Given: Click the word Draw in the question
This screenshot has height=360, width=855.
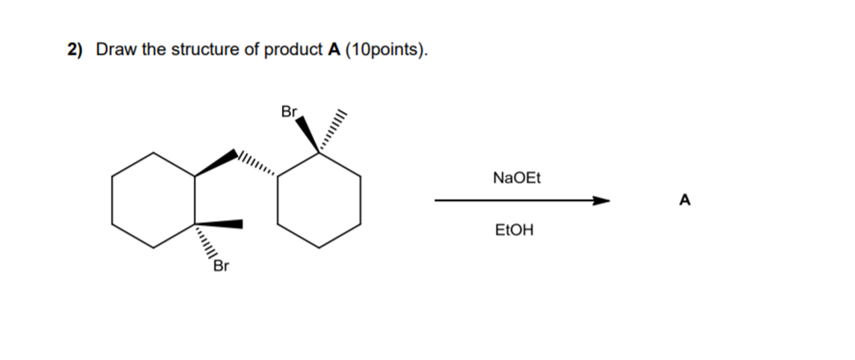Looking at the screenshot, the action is click(x=112, y=50).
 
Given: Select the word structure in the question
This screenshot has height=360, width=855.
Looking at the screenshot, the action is click(x=202, y=50).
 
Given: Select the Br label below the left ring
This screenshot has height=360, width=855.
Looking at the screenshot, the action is click(x=221, y=265).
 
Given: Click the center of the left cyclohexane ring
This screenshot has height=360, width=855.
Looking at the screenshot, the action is click(x=153, y=199).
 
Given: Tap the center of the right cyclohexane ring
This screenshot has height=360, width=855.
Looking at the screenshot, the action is click(x=319, y=199).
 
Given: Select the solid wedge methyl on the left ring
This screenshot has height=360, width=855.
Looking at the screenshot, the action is click(x=219, y=223).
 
